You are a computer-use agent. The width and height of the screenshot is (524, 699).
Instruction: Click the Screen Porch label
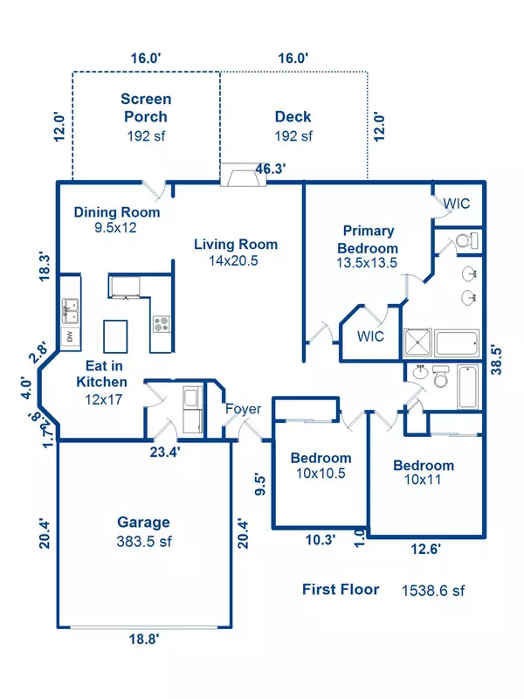coord(146,108)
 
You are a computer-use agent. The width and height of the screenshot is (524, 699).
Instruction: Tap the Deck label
coord(293,117)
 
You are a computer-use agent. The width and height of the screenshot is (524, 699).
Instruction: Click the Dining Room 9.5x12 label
coord(117,219)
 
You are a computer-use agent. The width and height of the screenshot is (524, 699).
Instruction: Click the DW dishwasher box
coord(68,336)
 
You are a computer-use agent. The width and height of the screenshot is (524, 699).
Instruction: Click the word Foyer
coord(243,409)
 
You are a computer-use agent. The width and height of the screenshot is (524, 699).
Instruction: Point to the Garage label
coord(144,523)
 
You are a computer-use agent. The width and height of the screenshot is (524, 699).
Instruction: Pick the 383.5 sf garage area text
coord(144,542)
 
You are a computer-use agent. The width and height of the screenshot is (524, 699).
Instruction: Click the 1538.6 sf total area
coord(433,590)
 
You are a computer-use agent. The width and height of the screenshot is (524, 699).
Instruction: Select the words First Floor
coord(341,590)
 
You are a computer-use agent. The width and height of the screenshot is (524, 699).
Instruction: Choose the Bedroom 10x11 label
coord(423,473)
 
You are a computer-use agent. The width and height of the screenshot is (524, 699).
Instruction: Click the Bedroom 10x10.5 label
coord(321,466)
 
